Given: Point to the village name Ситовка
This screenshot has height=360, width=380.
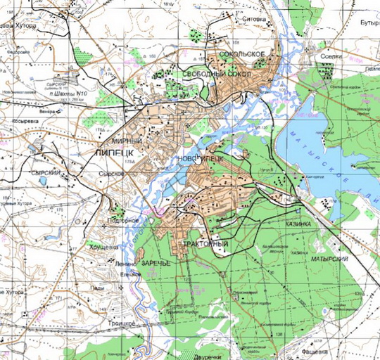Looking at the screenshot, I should coord(254,20).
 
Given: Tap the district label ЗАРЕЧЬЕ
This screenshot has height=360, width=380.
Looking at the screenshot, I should coord(156,263).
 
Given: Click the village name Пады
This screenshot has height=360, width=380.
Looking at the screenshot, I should coord(98,288).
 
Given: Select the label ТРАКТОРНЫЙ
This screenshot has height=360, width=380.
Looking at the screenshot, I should coord(206,244).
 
